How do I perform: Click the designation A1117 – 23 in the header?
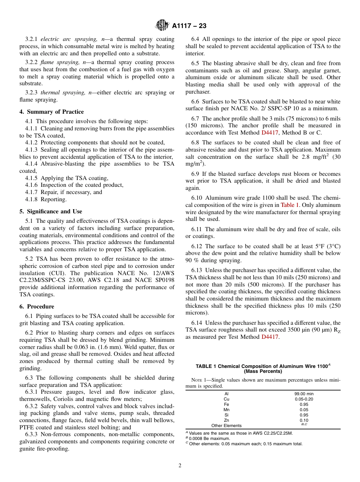[x=189, y=26]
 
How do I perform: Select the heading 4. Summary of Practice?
[x=52, y=112]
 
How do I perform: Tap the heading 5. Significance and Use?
[x=51, y=211]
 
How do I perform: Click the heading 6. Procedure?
[x=37, y=307]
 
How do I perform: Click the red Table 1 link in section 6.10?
[x=290, y=205]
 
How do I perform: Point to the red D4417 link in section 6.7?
[x=269, y=133]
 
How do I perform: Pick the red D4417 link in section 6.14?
[x=270, y=337]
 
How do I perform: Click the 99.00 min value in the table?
[x=304, y=394]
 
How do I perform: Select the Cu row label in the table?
[x=226, y=399]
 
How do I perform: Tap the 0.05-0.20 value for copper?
[x=304, y=399]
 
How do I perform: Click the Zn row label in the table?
[x=226, y=420]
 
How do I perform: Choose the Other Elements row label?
[x=226, y=426]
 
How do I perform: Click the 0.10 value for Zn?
[x=304, y=420]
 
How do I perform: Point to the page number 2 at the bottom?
[x=180, y=466]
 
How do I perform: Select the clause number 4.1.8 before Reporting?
[x=32, y=199]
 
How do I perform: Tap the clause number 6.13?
[x=197, y=270]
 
